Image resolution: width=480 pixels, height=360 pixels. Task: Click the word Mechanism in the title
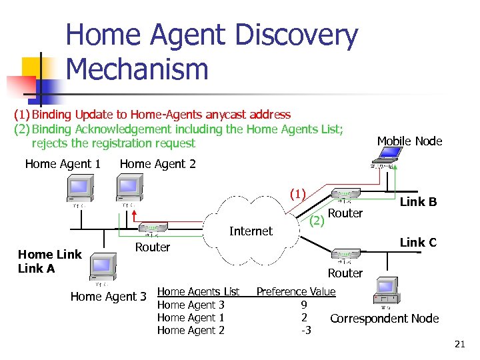[x=137, y=68]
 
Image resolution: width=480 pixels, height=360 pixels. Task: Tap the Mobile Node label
[x=409, y=141]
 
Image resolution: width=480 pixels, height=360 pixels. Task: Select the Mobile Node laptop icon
[x=387, y=155]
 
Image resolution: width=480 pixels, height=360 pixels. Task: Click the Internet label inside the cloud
[x=251, y=231]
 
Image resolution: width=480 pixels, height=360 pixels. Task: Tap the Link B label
[x=418, y=202]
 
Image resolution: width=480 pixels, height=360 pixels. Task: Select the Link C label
[x=418, y=243]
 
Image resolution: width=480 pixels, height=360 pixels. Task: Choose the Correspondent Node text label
[x=385, y=319]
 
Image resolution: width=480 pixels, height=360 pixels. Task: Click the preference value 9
[x=303, y=305]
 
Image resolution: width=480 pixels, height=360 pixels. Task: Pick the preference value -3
[x=306, y=330]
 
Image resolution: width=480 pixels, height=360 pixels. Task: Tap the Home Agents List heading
[x=198, y=291]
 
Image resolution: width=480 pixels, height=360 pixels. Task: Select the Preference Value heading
[x=296, y=291]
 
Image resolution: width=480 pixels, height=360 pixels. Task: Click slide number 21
[x=459, y=344]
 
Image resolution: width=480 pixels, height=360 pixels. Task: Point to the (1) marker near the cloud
[x=297, y=195]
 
